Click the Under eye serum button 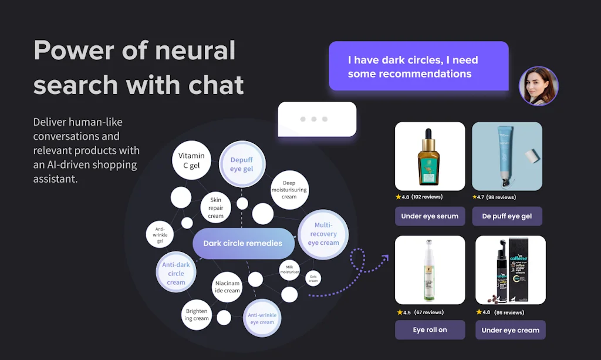[430, 216]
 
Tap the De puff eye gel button [507, 216]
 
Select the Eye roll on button [430, 330]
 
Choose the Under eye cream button [510, 330]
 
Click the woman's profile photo [538, 86]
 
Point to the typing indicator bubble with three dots [317, 119]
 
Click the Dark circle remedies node [243, 244]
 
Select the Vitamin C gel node [191, 160]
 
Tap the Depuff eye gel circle [242, 164]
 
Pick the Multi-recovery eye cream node [323, 234]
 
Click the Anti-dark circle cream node [176, 273]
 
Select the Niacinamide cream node [227, 286]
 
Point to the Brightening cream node [197, 315]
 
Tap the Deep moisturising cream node [289, 190]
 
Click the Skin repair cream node [216, 208]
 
